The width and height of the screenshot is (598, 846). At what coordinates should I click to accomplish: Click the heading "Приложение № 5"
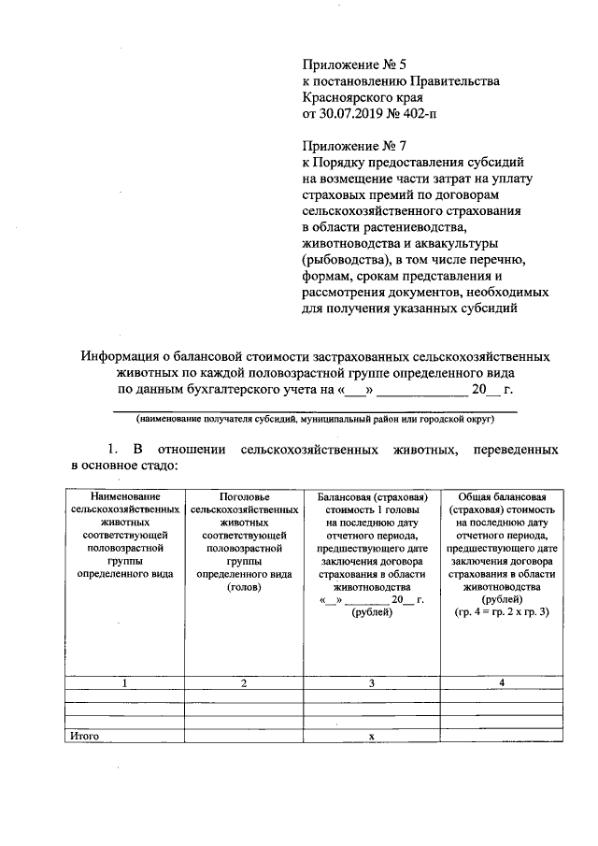pos(354,65)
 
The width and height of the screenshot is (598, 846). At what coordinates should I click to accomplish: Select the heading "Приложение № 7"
pos(354,146)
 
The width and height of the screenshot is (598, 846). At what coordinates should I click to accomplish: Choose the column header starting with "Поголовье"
pos(243,495)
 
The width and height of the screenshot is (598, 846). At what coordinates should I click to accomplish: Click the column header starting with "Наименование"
pos(124,495)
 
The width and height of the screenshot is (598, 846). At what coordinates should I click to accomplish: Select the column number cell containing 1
pos(124,683)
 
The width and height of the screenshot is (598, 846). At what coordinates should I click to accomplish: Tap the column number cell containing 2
pos(243,683)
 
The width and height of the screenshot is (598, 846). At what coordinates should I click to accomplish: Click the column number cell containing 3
pos(371,683)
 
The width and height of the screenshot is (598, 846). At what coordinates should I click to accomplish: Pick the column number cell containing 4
pos(502,683)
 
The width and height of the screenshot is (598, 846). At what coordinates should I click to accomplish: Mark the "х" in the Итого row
pos(371,737)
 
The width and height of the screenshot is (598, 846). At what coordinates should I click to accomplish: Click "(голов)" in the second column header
pos(243,587)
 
